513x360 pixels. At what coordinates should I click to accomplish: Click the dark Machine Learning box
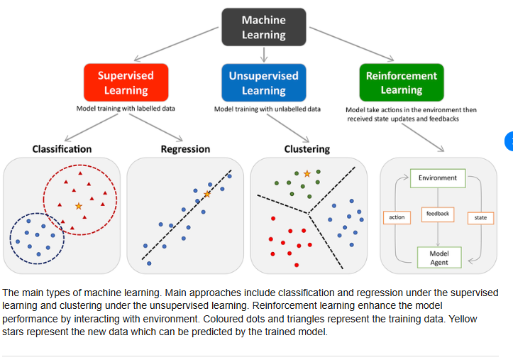click(263, 28)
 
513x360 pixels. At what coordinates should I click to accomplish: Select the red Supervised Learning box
click(125, 82)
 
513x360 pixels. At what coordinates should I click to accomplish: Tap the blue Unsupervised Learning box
click(263, 82)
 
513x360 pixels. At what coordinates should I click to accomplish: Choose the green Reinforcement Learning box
click(401, 82)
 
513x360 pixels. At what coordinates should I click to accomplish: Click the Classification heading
click(62, 149)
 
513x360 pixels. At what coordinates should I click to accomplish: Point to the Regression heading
click(185, 149)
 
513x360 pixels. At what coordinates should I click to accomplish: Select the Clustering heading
click(307, 149)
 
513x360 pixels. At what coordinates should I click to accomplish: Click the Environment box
click(438, 178)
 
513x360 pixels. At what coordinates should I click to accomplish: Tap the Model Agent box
click(438, 258)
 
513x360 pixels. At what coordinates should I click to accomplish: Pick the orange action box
click(397, 217)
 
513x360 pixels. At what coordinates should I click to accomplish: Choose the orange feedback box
click(438, 213)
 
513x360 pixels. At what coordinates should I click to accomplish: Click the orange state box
click(480, 217)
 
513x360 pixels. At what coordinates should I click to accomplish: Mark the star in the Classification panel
click(79, 206)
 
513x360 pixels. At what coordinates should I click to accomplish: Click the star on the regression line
click(207, 194)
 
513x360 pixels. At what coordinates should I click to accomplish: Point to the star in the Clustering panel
click(307, 173)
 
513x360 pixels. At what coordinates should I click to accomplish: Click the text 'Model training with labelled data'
click(126, 109)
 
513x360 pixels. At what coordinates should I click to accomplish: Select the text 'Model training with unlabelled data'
click(267, 109)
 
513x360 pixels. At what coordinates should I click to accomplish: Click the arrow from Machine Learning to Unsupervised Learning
click(264, 54)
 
